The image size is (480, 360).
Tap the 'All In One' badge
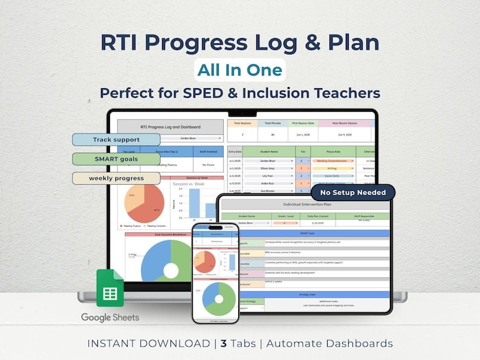pos(240,70)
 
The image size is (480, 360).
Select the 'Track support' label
pos(116,140)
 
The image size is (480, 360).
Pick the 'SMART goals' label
pos(115,159)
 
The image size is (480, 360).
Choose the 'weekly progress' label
pos(116,178)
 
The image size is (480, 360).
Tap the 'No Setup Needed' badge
pos(352,193)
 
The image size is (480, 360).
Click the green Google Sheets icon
pos(110,292)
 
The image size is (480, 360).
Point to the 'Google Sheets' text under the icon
pos(110,317)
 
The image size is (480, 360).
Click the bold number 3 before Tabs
pos(224,344)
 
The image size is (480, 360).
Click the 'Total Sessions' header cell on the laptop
pos(242,123)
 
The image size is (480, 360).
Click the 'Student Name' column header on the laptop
pos(269,152)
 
